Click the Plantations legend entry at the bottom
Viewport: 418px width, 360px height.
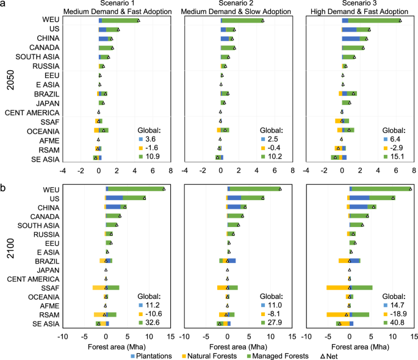point(151,356)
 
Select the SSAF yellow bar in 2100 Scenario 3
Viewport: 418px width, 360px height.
point(337,287)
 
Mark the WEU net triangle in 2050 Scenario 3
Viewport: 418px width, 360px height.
point(400,21)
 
